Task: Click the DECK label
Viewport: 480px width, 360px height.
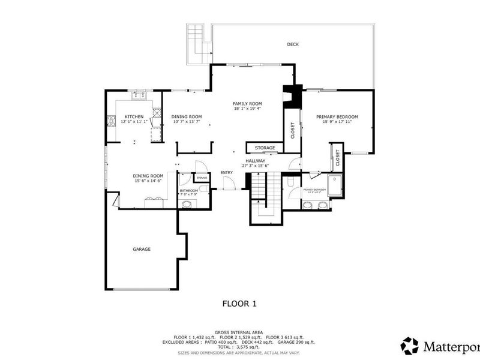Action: tap(292, 44)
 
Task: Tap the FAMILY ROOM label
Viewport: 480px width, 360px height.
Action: tap(248, 104)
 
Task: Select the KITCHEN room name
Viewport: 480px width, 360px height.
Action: tap(133, 116)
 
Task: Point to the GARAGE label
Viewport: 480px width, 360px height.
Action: tap(142, 249)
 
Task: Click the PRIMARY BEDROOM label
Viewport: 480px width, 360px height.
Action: tap(337, 116)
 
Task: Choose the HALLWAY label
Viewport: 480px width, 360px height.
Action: tap(254, 161)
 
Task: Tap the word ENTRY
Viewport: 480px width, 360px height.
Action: tap(226, 173)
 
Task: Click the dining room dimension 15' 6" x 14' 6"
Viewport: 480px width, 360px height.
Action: tap(148, 181)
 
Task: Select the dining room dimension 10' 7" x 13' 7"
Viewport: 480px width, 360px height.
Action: tap(187, 122)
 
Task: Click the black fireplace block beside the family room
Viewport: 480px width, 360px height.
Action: tap(292, 95)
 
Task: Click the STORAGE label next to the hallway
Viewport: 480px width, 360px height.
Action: tap(265, 148)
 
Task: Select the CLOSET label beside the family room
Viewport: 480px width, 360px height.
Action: tap(293, 131)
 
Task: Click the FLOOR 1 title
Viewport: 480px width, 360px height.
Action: tap(239, 304)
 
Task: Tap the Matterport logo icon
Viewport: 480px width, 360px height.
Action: tap(410, 346)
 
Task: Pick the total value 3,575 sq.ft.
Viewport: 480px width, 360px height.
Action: tap(248, 347)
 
